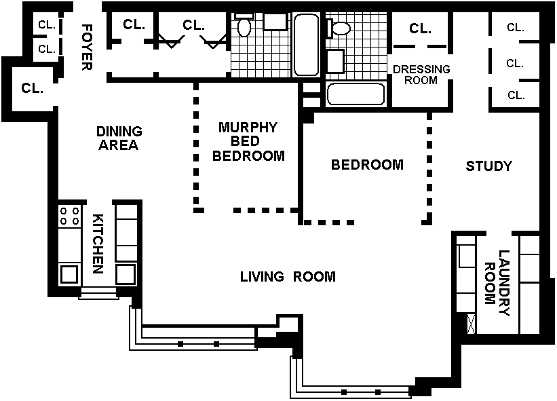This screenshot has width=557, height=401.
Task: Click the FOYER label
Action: point(87,47)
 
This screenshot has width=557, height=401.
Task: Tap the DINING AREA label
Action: point(119,138)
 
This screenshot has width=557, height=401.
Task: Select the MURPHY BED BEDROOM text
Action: point(248,141)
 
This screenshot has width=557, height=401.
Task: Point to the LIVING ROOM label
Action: point(288,276)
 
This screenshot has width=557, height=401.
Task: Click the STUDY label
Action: point(488,166)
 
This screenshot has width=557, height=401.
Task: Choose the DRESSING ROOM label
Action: point(421,75)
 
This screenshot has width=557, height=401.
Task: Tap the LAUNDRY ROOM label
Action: point(497,283)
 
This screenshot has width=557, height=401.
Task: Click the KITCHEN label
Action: point(98,244)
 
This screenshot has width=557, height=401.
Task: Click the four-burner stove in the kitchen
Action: point(70,216)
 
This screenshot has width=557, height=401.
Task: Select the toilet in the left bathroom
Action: point(244,24)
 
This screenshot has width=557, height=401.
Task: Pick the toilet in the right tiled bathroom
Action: point(339,28)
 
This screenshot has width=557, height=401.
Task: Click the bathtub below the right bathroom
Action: point(356,94)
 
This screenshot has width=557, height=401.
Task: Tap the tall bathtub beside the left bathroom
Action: point(306,44)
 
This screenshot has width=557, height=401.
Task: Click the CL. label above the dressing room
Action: point(420,28)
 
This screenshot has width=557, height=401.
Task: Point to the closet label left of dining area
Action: point(33,88)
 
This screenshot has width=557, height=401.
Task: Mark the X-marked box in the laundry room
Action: point(471,324)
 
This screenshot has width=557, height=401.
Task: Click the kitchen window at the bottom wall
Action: point(98,293)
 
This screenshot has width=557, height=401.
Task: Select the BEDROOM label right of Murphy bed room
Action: point(367,164)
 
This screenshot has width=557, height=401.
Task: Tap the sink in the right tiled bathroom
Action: point(335,62)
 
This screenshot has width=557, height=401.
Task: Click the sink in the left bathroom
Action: point(275,22)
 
